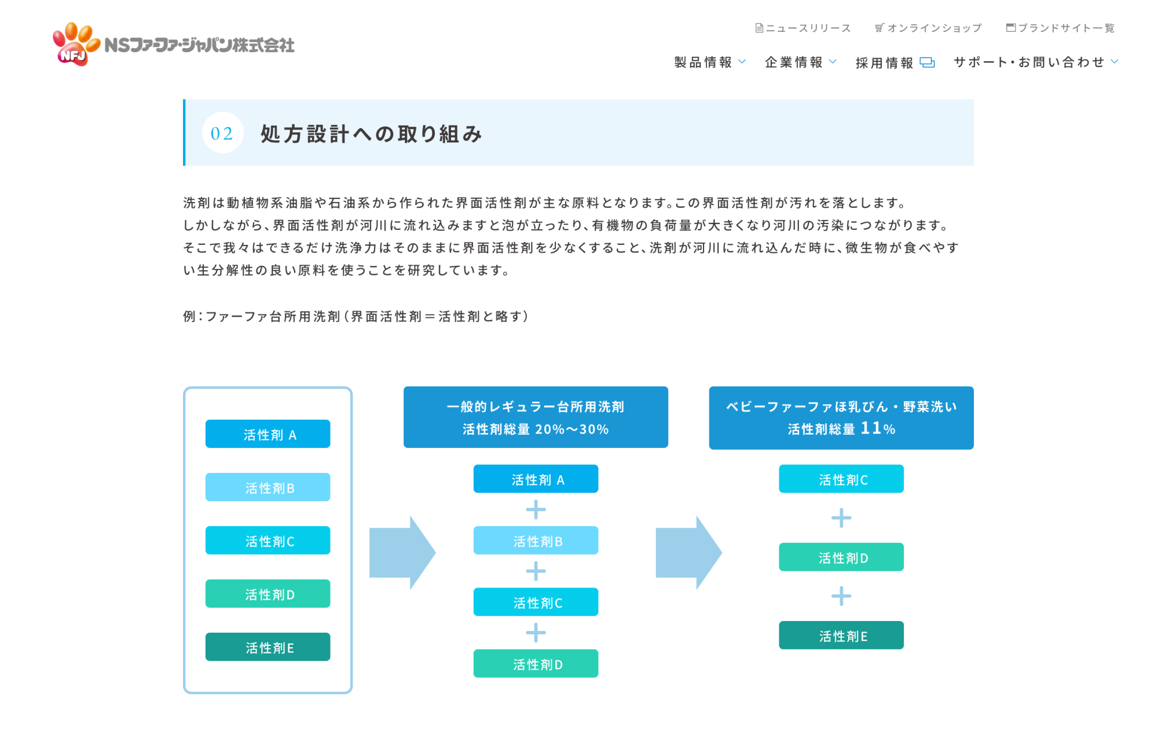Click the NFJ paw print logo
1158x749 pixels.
point(76,44)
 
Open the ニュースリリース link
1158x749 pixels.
point(803,28)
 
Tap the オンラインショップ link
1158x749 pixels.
point(928,28)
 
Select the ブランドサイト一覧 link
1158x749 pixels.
point(1060,28)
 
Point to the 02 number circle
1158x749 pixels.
point(222,133)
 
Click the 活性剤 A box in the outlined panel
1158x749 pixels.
point(267,434)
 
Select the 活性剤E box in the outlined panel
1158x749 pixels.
point(267,647)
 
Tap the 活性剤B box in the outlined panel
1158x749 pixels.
point(267,487)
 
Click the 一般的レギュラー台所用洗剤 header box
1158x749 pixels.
point(536,417)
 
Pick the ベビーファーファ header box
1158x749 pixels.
point(841,417)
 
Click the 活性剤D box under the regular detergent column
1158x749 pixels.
point(536,663)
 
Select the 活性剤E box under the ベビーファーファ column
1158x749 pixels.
point(841,635)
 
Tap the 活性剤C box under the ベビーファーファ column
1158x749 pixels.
point(841,479)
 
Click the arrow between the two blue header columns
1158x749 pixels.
point(688,553)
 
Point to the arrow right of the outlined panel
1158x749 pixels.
point(402,553)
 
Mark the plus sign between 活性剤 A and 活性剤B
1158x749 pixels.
point(536,510)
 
